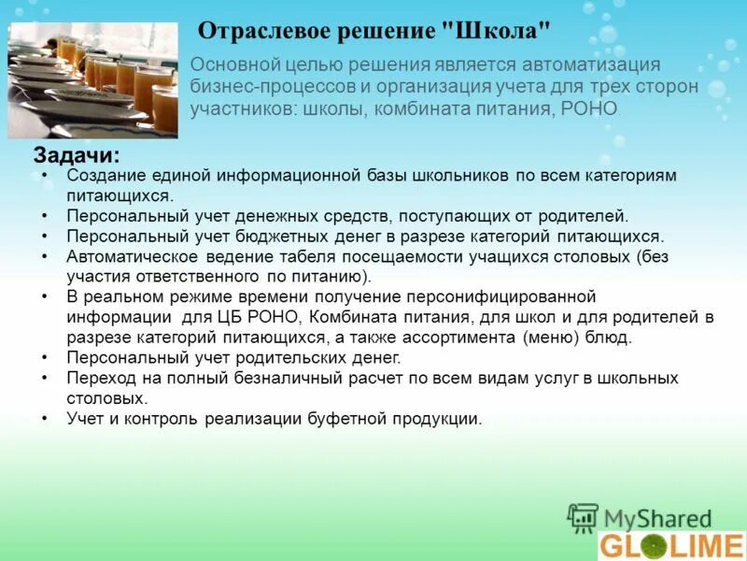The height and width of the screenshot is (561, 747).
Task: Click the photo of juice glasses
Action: [x=92, y=79]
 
